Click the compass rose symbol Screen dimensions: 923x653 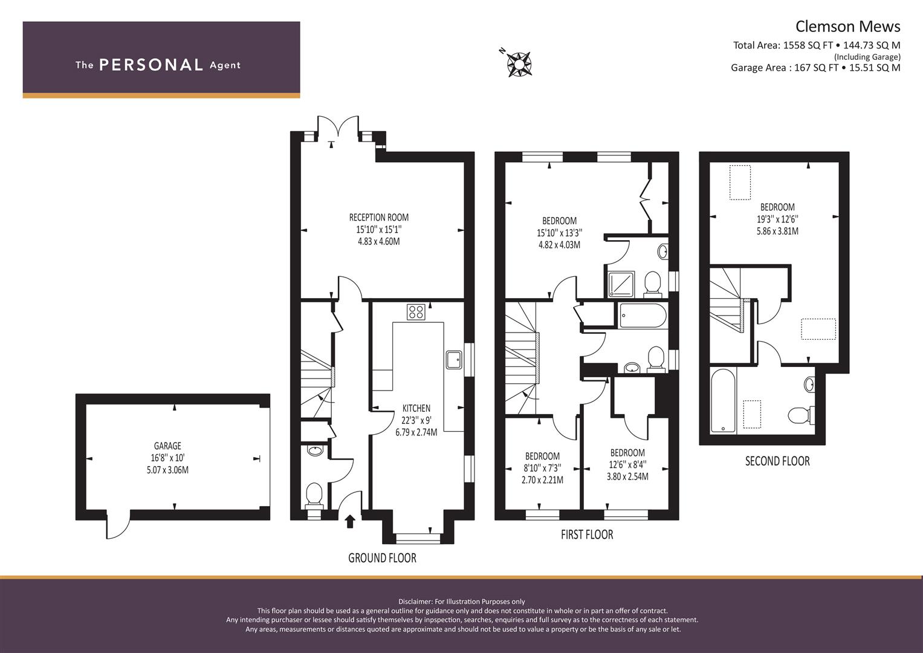click(519, 64)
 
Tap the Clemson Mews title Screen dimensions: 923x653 click(847, 27)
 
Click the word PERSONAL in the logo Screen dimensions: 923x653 click(151, 65)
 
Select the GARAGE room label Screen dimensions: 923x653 click(167, 446)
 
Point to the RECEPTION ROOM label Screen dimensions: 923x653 click(378, 217)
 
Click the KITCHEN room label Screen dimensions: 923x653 click(416, 408)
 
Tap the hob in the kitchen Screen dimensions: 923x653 click(416, 311)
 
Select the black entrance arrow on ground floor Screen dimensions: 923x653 click(350, 521)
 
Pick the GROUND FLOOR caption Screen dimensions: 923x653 click(382, 557)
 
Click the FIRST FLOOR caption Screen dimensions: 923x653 click(587, 534)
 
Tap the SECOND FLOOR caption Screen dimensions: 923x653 click(777, 461)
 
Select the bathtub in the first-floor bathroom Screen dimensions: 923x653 click(643, 316)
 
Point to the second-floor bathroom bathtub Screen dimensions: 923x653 click(723, 400)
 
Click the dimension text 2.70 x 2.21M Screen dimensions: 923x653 click(542, 480)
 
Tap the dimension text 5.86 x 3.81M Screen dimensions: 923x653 click(777, 231)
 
